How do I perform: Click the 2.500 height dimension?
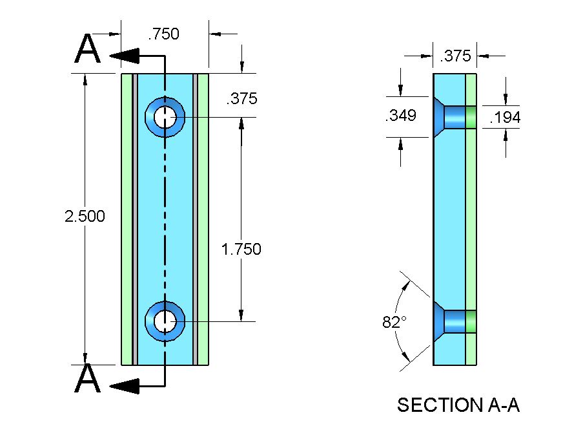coord(85,217)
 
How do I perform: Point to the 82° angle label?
coord(393,323)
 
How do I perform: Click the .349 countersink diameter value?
coord(400,116)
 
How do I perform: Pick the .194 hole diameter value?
coord(505,118)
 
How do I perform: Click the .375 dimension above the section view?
coord(455,56)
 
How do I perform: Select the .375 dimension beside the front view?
coord(241,99)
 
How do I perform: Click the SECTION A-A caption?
coord(458,405)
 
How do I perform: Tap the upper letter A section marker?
coord(88,49)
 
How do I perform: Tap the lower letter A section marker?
coord(88,379)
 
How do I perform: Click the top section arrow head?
coord(125,56)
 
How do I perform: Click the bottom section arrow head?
coord(125,387)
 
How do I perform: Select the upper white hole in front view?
coord(165,118)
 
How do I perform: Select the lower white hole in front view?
coord(165,319)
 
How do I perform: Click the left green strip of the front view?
coord(127,220)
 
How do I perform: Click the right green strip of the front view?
coord(203,220)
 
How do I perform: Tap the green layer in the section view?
coord(471,220)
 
